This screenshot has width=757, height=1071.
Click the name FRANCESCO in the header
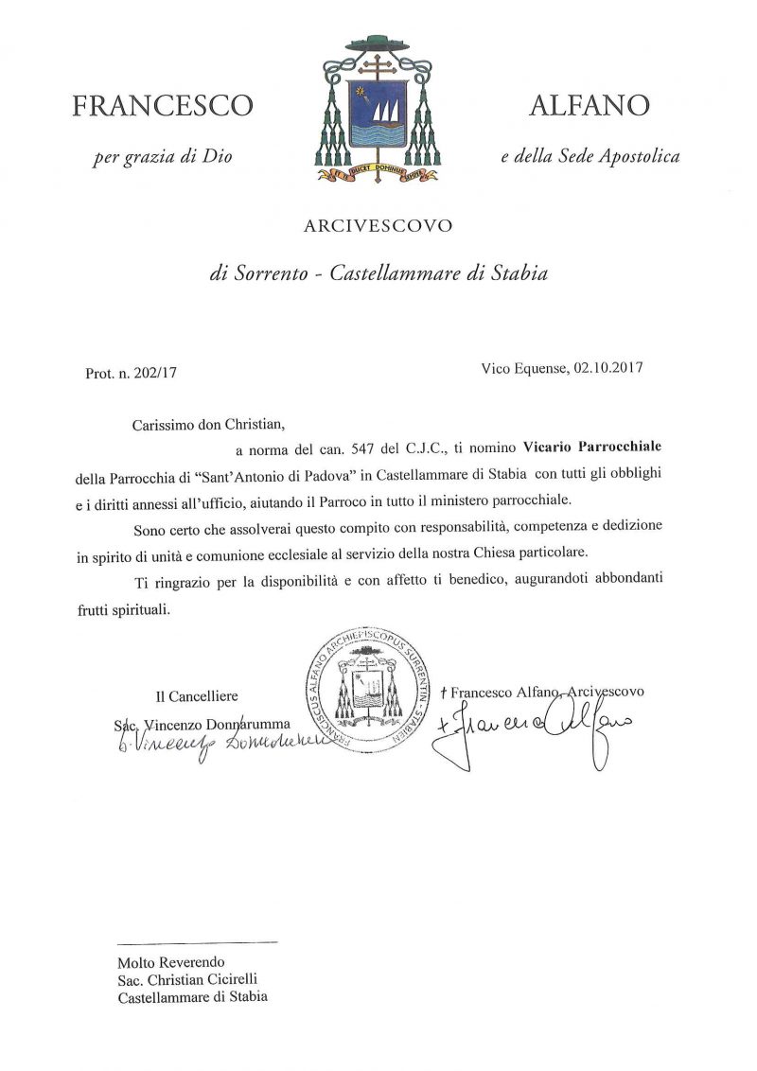[x=162, y=106]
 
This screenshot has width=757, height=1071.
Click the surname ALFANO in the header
[x=590, y=106]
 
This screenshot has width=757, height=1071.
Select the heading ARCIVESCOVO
[x=378, y=226]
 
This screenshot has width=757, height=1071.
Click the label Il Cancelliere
[x=198, y=696]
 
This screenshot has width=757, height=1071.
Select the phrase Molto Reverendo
[x=158, y=961]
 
